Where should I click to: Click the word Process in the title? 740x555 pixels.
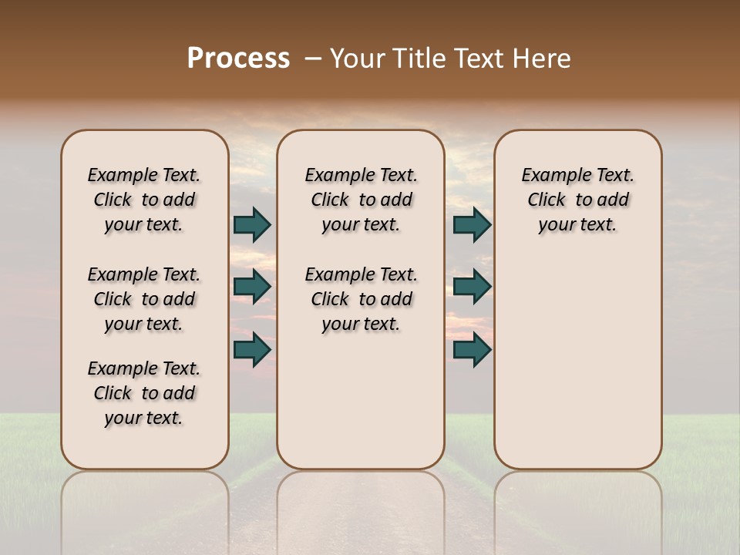[238, 58]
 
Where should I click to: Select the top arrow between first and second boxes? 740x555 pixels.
[252, 224]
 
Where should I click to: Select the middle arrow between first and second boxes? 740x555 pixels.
[252, 287]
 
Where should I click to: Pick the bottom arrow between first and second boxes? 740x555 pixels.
[252, 350]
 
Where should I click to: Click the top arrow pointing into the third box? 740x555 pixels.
[472, 224]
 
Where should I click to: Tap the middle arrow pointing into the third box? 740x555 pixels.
[472, 287]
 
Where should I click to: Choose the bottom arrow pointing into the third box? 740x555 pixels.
[472, 350]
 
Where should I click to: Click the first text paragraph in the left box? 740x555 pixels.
[144, 200]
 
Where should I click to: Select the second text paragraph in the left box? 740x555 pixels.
[144, 299]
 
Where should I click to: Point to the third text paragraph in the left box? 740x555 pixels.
[144, 393]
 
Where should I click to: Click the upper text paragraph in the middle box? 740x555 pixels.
[362, 200]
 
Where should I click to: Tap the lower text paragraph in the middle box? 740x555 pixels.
[362, 299]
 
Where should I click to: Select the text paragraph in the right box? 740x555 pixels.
[578, 200]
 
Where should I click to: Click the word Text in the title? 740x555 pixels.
[479, 58]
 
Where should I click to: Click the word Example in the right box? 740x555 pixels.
[553, 176]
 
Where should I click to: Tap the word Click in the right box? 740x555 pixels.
[547, 200]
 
